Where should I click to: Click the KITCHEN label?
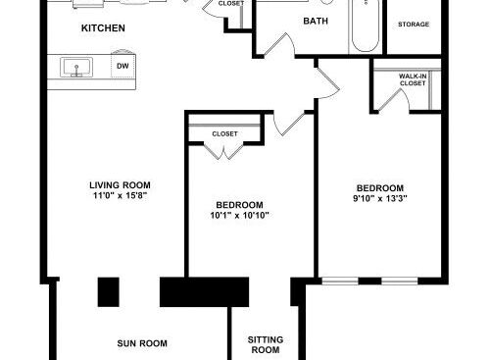[103, 28]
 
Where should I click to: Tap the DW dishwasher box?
[123, 66]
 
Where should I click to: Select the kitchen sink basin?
[76, 67]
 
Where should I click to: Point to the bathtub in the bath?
[366, 26]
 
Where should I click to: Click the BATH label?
[316, 21]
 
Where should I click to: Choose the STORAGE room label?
[414, 25]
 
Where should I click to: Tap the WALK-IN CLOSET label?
[413, 79]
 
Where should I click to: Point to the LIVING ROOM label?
[120, 185]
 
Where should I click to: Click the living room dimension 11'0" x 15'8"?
[121, 195]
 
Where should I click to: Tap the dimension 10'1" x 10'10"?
[239, 215]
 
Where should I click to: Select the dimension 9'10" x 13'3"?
[380, 198]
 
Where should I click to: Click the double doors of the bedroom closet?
[224, 151]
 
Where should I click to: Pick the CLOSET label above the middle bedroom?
[224, 133]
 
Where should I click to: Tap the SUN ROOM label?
[142, 343]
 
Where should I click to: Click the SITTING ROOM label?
[266, 344]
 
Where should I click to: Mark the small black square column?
[109, 292]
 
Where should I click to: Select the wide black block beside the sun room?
[204, 292]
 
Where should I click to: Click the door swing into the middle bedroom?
[289, 123]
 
